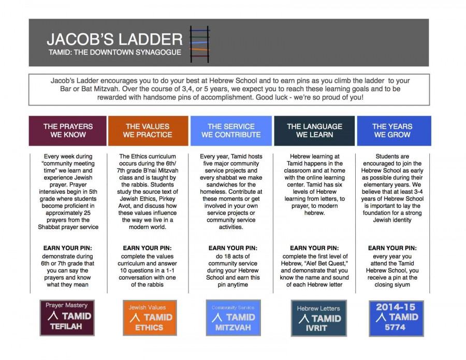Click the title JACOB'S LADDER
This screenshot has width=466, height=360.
coord(114,39)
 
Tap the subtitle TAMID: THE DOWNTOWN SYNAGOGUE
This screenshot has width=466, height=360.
coord(114,52)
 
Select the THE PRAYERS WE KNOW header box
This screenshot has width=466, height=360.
coord(68,131)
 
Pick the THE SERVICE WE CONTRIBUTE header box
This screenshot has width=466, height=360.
coord(231,131)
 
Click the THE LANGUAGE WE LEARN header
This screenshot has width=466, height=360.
coord(314,131)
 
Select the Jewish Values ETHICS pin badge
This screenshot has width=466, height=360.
coord(150,317)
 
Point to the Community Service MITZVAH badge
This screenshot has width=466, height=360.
coord(233,317)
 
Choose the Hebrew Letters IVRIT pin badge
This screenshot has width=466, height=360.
coord(318,318)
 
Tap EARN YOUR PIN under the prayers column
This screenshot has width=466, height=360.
coord(68,249)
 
